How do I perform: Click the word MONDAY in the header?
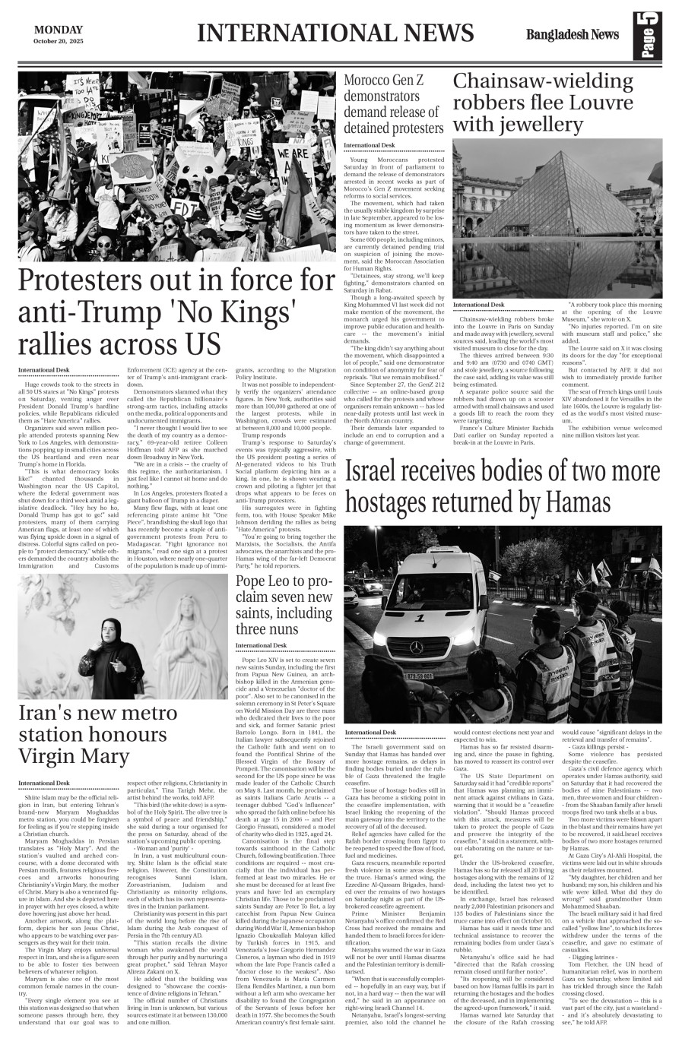[x=59, y=30]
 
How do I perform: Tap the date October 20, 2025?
[x=59, y=41]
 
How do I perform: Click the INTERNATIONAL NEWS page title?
[x=335, y=33]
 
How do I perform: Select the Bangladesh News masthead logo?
[x=572, y=34]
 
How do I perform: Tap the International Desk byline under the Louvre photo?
[x=478, y=305]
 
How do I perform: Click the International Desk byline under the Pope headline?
[x=261, y=644]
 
